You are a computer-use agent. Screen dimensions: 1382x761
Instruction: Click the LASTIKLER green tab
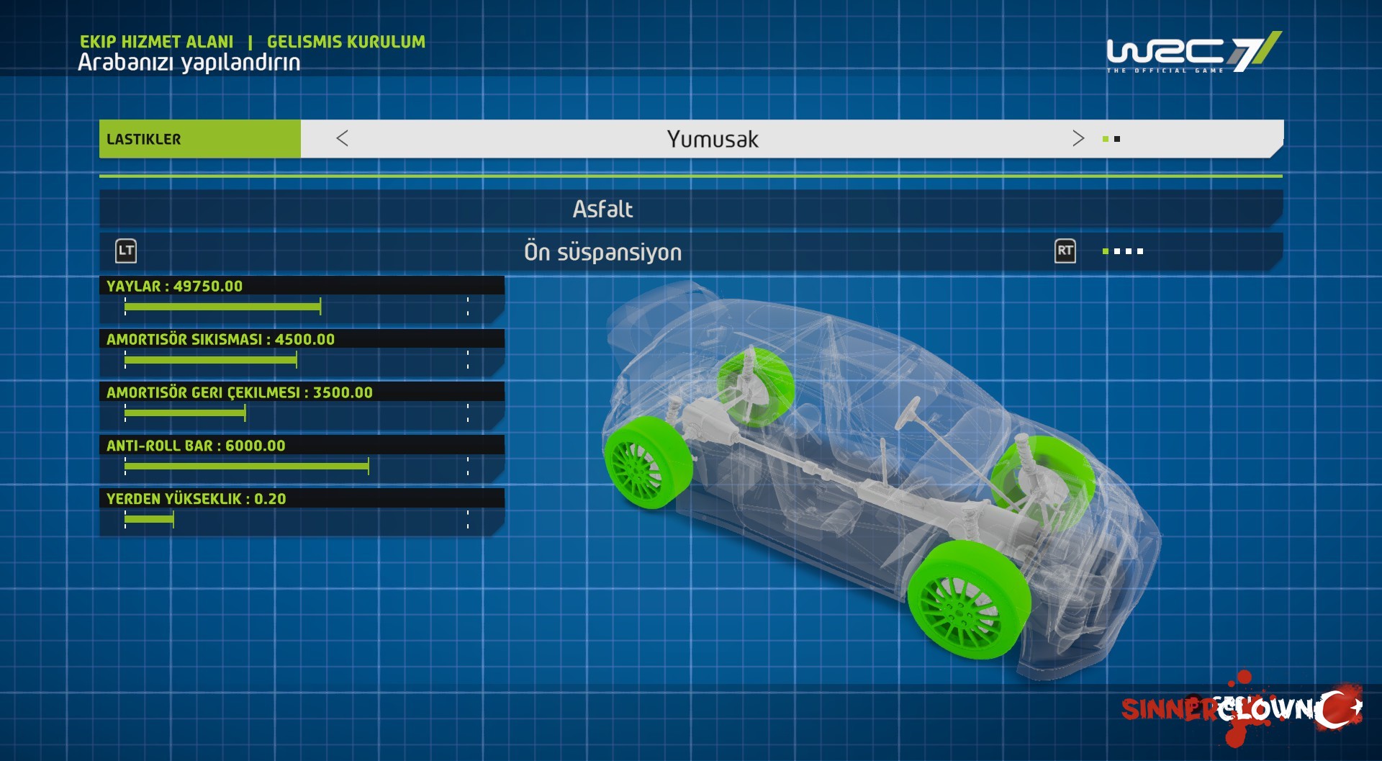[200, 139]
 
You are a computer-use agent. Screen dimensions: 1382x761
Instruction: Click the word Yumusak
[713, 139]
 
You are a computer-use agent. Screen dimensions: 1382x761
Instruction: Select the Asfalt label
[602, 209]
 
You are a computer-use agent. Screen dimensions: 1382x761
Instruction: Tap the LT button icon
[126, 251]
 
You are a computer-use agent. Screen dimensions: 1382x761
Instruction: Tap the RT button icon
[1065, 251]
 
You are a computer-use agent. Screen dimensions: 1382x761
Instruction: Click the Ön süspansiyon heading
[602, 252]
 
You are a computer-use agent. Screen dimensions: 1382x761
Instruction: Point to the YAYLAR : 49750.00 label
[174, 286]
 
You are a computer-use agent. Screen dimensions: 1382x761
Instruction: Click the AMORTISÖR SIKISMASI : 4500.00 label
[220, 339]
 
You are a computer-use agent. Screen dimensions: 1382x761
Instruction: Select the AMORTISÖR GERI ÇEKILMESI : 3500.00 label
[239, 392]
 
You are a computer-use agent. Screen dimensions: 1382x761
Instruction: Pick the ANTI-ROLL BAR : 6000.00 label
[196, 446]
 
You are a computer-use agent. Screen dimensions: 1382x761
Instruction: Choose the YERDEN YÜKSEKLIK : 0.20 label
[196, 499]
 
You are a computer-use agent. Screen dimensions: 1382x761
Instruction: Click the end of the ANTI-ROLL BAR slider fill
[368, 467]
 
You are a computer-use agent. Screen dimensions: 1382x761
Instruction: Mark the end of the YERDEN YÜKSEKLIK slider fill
[173, 520]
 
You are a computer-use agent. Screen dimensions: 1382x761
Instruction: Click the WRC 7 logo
[1194, 52]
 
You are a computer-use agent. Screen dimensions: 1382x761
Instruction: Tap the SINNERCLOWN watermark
[1242, 709]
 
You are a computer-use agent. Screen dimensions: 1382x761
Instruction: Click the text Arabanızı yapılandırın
[189, 63]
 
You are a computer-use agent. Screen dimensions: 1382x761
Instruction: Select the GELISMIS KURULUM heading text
[346, 42]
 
